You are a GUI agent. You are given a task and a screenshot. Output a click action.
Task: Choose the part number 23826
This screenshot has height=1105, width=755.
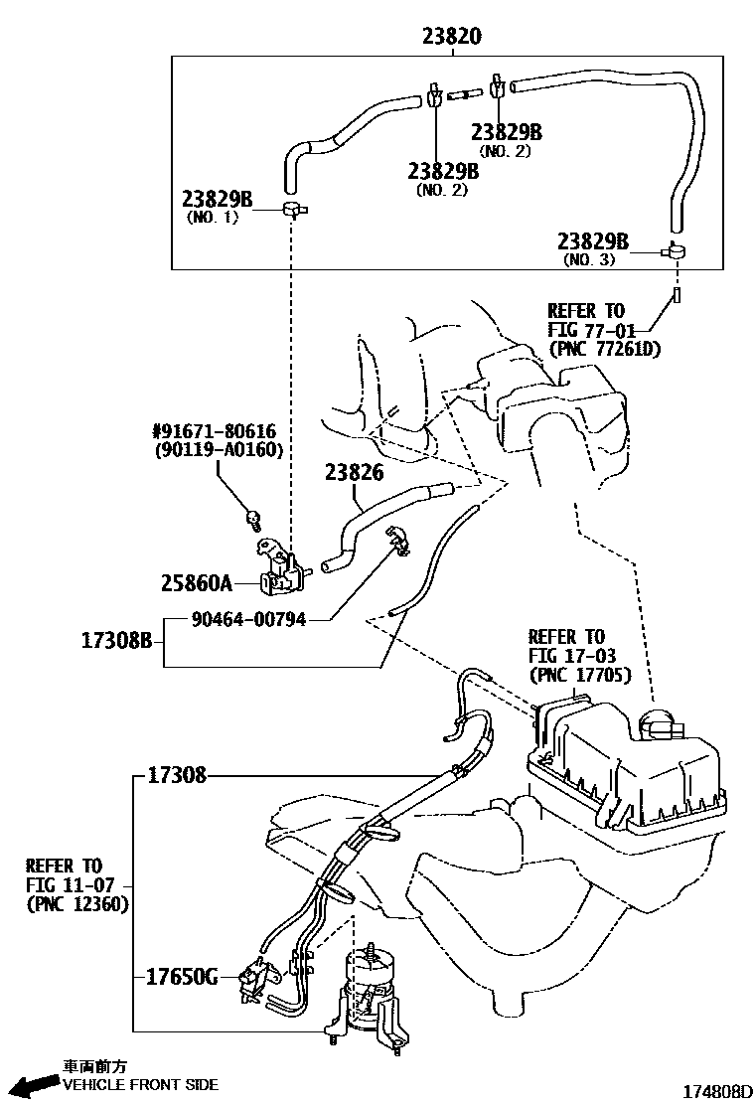coord(353,474)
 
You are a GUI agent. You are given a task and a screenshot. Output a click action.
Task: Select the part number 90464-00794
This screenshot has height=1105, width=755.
coord(248,620)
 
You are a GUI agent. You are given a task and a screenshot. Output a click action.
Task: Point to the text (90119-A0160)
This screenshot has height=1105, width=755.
coord(219,450)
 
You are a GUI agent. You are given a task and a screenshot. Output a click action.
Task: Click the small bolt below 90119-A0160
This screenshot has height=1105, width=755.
coord(253,517)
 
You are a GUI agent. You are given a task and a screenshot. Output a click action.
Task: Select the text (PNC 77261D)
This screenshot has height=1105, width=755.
coord(604,349)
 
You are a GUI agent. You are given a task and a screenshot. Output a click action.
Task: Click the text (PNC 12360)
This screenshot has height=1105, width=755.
coord(76,904)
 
